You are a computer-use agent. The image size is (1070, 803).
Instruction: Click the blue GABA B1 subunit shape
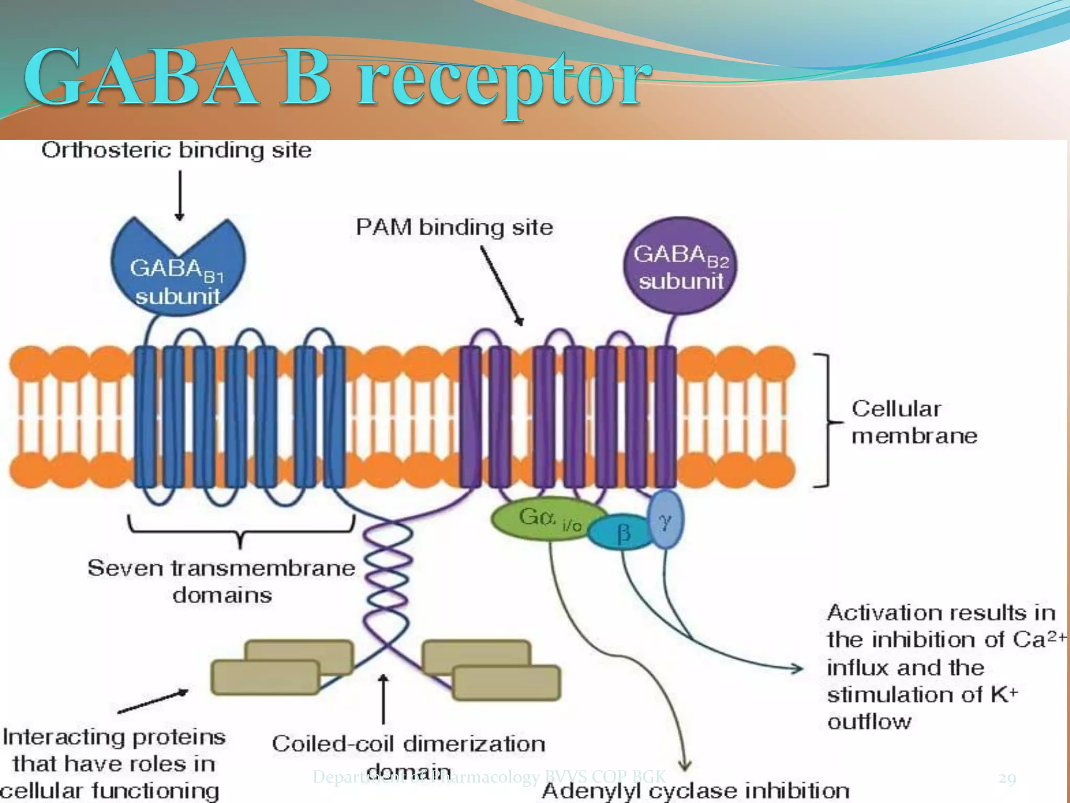[178, 277]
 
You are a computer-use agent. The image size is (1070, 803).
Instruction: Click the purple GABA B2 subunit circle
[679, 267]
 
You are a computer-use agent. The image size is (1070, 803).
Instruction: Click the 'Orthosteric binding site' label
[177, 151]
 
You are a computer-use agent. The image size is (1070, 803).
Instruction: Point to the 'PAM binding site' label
[454, 227]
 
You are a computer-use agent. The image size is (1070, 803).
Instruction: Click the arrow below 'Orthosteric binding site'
[180, 196]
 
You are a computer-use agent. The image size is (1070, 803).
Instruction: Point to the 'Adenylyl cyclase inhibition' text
[695, 790]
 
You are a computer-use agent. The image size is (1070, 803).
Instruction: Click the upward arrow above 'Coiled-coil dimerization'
[383, 698]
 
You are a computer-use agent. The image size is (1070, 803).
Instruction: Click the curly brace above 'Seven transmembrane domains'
[241, 531]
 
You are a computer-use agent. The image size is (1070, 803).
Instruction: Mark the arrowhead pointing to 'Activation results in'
[797, 668]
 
